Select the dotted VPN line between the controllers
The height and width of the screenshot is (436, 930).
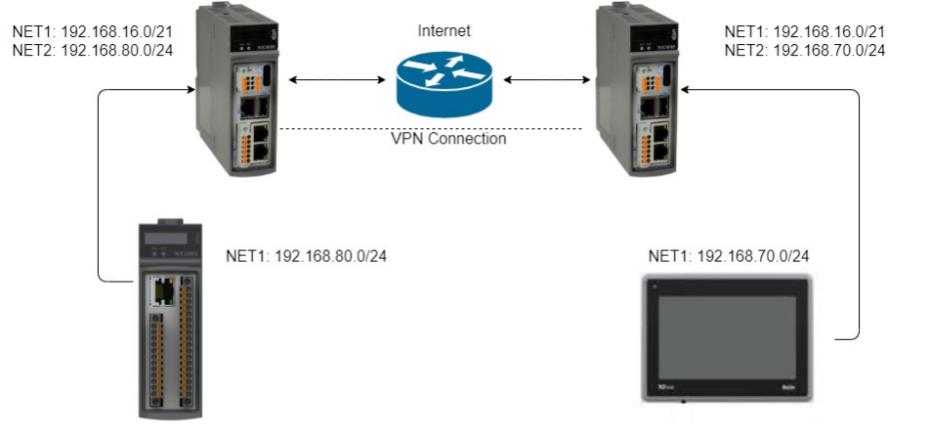(430, 128)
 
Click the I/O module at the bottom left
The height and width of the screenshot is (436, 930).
(167, 317)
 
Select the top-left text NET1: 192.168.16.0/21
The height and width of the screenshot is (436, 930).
(92, 31)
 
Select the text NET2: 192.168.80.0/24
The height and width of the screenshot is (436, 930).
(92, 50)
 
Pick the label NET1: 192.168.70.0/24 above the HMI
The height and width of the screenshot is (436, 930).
(729, 257)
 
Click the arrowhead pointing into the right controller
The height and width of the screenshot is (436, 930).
(688, 90)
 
